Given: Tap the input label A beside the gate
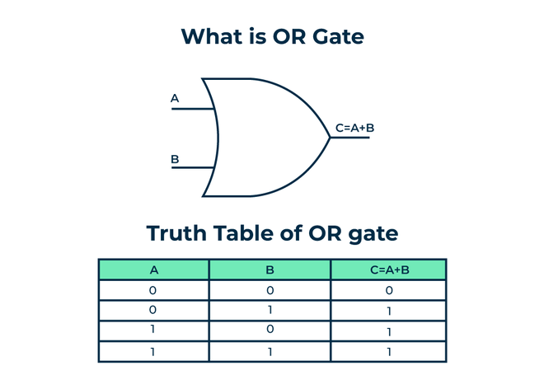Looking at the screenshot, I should tap(175, 99).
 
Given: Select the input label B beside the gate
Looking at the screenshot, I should tap(175, 158).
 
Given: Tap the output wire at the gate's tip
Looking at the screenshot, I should tap(349, 138).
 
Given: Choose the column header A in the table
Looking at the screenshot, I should tap(154, 269).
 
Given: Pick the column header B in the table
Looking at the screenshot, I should tap(270, 269).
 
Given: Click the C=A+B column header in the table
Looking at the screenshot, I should tap(388, 269).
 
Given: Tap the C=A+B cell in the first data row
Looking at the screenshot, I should tap(388, 290).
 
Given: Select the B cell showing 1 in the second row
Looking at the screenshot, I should tap(270, 311).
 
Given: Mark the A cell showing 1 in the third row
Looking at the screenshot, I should tap(154, 330).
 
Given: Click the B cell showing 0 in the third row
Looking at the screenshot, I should tap(270, 330).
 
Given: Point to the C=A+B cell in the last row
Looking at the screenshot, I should tap(388, 351).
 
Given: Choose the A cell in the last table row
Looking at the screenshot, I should tap(154, 351).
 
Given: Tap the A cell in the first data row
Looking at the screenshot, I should tap(154, 290).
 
